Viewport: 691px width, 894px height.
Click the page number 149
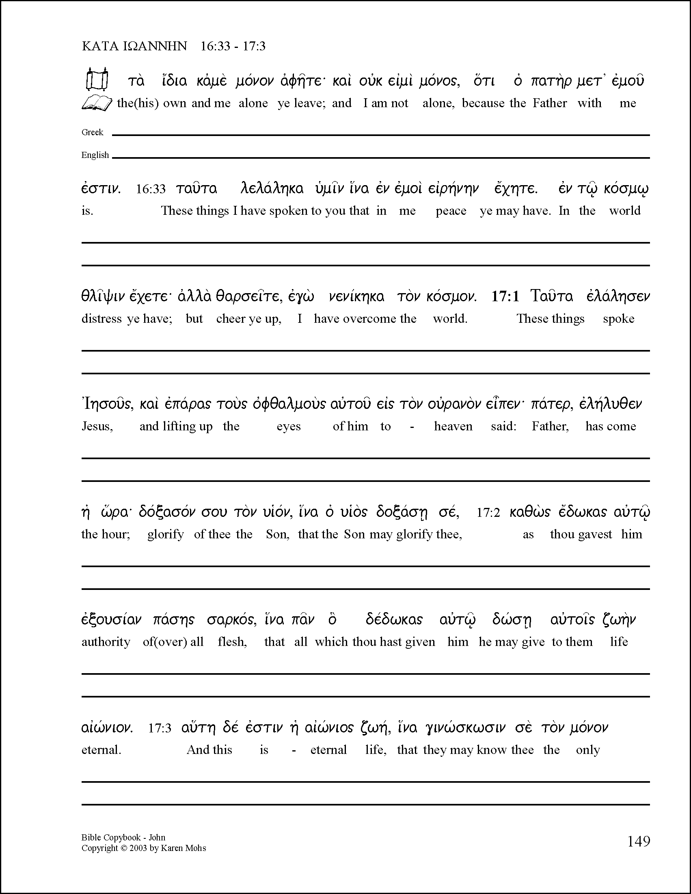point(639,841)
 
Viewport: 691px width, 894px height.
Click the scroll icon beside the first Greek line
point(97,79)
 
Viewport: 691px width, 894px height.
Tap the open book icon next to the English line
point(97,103)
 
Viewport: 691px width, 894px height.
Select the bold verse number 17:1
point(505,296)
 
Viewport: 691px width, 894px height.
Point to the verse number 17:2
point(488,513)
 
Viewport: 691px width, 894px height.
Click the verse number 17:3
point(159,728)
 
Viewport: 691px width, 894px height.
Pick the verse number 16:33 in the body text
point(151,189)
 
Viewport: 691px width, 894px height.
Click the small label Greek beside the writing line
point(92,132)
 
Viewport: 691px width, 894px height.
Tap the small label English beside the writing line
point(95,155)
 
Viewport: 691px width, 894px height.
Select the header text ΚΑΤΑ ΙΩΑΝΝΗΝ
point(134,46)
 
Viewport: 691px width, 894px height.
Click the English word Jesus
point(97,427)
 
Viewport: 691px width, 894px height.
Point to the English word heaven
point(453,427)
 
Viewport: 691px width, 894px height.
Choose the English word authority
point(106,642)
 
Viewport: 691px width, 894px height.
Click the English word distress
point(101,319)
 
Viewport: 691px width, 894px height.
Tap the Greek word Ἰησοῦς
point(107,404)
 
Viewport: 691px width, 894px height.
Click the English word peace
point(451,211)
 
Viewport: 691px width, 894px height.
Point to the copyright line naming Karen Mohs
point(144,848)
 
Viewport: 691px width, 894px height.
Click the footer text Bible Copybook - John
point(123,838)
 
